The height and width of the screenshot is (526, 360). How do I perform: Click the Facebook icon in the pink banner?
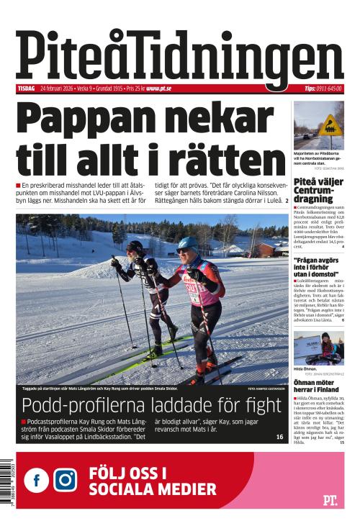pyautogui.click(x=37, y=479)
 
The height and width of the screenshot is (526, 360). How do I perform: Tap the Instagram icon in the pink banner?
pyautogui.click(x=65, y=479)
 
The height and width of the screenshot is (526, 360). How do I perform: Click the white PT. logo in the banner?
pyautogui.click(x=329, y=500)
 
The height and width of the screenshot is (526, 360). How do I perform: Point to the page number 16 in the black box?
pyautogui.click(x=279, y=437)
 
